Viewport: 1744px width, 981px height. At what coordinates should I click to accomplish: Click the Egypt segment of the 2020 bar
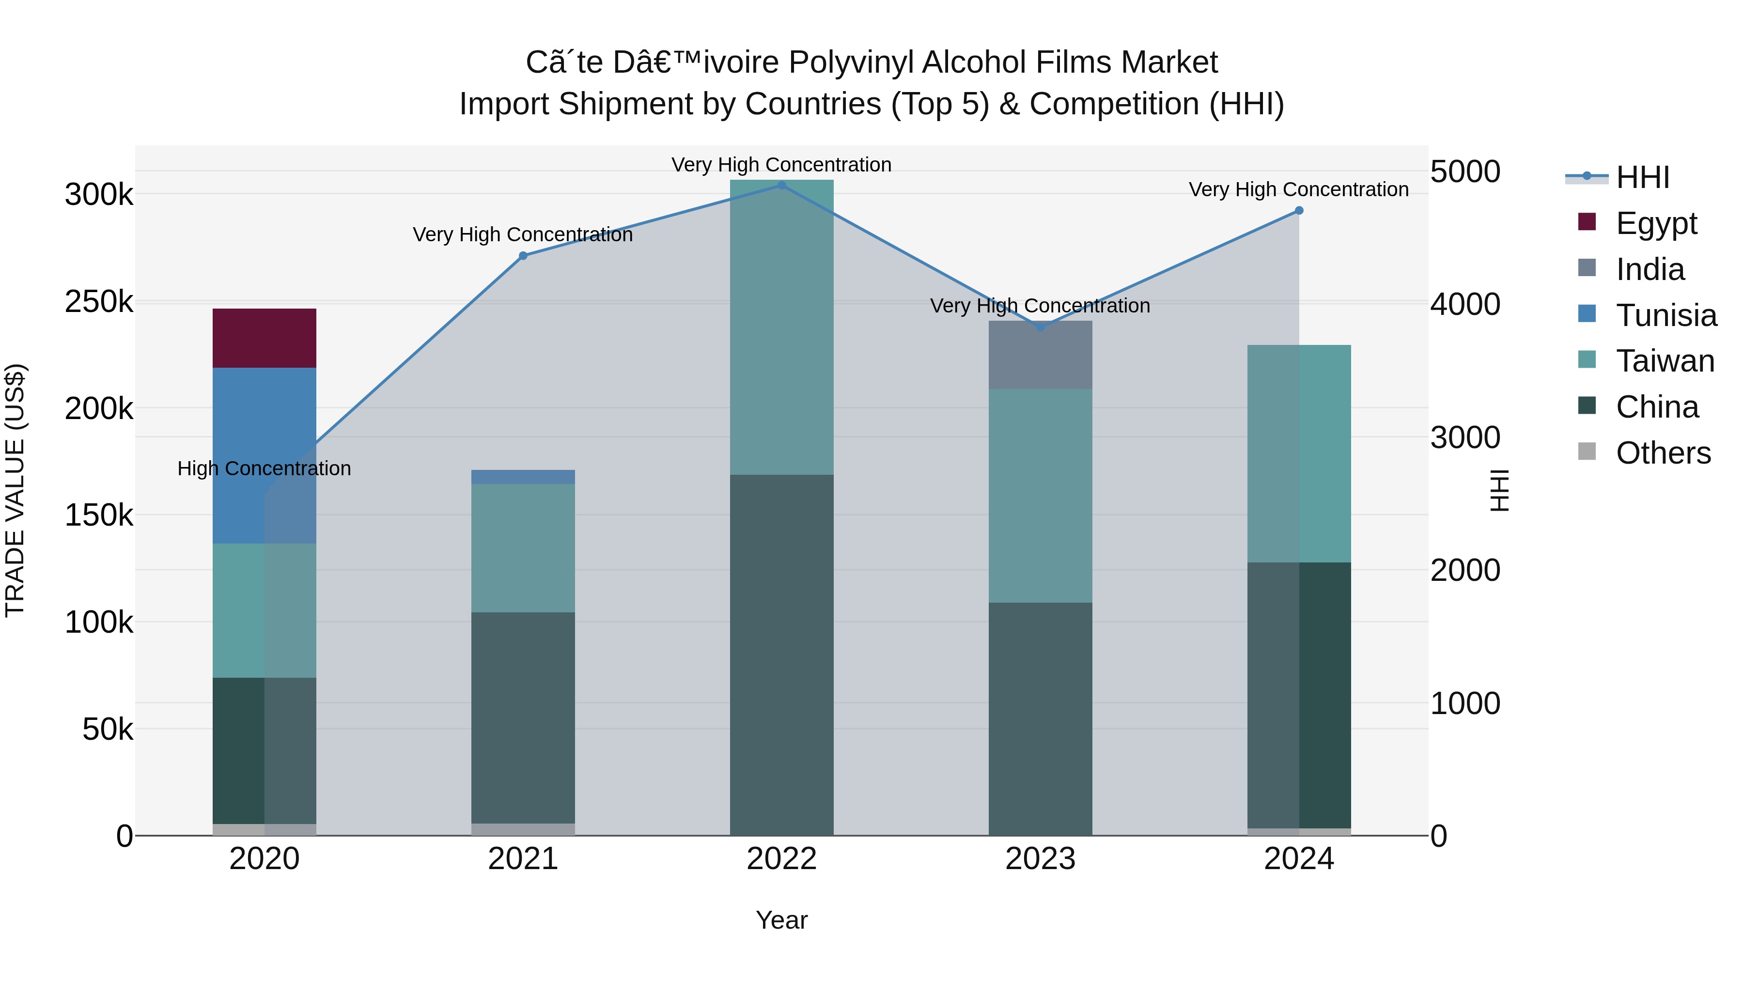[264, 338]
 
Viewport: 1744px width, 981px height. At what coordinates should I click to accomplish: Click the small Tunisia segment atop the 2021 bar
[523, 477]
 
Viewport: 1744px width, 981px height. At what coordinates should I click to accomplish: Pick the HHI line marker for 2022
[781, 185]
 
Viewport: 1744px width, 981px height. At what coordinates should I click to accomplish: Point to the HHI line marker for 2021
[523, 256]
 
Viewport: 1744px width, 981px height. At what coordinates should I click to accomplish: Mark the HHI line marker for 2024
[1298, 211]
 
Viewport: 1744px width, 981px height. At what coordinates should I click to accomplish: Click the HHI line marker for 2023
[1040, 327]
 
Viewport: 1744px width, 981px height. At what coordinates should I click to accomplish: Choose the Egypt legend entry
[1655, 223]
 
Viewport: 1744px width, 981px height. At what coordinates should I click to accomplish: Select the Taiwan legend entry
[1664, 361]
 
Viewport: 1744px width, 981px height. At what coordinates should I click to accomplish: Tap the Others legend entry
[1662, 453]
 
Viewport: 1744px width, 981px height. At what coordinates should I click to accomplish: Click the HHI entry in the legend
[1642, 177]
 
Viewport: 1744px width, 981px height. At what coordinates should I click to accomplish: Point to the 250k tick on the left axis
[99, 302]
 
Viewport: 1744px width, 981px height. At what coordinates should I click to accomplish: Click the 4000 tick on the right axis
[1465, 304]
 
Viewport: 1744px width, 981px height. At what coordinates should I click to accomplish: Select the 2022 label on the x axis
[781, 859]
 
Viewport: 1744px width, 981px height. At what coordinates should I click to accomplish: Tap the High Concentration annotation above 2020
[264, 468]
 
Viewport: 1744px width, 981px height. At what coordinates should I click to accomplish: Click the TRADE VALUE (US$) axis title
[15, 490]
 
